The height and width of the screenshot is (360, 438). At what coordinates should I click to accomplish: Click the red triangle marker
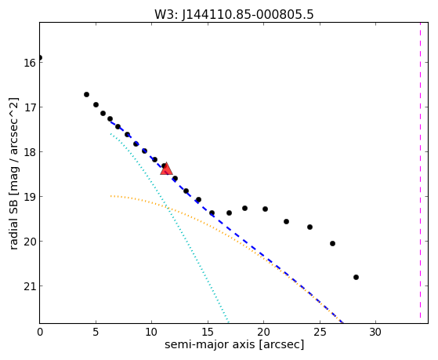166,169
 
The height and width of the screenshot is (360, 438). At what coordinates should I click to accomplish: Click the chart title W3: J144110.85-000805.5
234,15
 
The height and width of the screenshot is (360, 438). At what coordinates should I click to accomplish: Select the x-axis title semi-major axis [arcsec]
234,344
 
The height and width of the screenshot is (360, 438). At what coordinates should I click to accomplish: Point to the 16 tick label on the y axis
30,63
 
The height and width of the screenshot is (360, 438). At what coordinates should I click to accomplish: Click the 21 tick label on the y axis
30,286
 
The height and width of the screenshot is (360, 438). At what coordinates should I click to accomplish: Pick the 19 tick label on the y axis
30,197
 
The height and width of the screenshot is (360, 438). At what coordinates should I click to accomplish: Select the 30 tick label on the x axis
375,332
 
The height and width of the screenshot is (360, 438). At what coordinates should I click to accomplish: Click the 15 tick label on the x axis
208,332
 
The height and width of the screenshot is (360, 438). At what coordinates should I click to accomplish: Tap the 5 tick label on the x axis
96,332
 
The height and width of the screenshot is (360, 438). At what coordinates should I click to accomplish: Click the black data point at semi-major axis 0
40,57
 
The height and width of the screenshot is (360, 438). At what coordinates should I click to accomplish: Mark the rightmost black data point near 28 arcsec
356,277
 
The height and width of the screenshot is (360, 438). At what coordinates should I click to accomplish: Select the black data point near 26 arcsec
332,244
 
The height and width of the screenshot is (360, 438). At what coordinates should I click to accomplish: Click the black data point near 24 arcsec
309,227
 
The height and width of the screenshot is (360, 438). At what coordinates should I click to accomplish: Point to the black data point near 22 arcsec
286,221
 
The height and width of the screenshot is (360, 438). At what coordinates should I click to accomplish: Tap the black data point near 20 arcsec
265,209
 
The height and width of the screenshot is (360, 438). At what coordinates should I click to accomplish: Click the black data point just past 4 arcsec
87,95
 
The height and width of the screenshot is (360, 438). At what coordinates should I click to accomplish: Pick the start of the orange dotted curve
111,196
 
